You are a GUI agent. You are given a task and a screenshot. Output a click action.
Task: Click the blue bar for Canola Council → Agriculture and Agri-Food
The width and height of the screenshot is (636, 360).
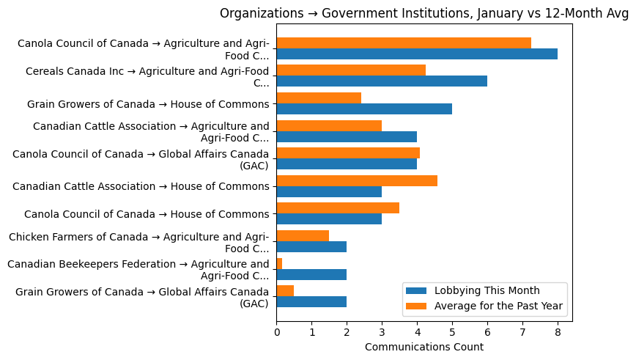(417, 54)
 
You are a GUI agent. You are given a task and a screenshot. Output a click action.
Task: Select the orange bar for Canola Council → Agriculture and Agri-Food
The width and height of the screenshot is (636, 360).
(404, 43)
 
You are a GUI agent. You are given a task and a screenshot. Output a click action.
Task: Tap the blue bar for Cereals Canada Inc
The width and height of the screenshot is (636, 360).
(382, 81)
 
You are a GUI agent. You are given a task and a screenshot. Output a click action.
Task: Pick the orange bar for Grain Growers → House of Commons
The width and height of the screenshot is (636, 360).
(319, 98)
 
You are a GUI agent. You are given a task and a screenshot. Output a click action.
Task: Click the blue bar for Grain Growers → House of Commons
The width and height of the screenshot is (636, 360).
(364, 109)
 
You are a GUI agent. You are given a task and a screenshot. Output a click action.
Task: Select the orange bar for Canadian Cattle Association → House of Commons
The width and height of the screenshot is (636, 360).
(357, 180)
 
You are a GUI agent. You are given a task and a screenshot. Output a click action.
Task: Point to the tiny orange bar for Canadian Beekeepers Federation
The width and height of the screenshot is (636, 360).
(279, 263)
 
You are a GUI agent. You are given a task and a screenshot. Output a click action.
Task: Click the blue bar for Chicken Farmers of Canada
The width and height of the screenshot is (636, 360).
(311, 246)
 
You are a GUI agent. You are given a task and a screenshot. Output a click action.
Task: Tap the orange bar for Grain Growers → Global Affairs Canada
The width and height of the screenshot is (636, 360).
(285, 290)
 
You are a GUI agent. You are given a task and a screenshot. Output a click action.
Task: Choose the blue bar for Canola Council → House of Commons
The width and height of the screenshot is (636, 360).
(329, 219)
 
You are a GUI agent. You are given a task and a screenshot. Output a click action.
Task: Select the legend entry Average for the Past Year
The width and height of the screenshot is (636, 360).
(498, 306)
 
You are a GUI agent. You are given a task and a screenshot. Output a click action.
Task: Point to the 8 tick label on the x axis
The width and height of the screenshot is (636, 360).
(558, 331)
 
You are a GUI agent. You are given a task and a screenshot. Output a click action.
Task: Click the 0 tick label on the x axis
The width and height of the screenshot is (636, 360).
(277, 331)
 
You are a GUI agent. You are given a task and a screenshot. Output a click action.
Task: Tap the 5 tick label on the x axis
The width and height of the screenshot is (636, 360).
(452, 331)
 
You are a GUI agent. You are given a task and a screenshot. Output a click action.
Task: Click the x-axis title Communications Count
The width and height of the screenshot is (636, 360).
(424, 347)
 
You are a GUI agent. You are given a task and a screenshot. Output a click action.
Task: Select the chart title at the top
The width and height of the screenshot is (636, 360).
(424, 13)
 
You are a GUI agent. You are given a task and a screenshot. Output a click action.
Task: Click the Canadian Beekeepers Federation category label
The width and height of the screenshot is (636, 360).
(138, 270)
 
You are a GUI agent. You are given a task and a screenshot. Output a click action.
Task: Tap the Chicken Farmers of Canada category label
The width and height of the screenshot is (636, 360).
(138, 242)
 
